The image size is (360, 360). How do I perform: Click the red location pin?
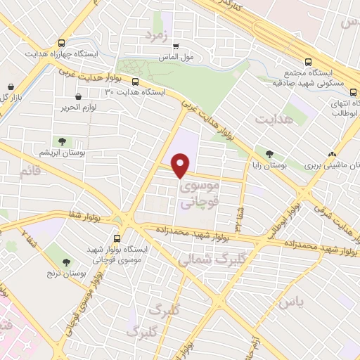[x=181, y=165]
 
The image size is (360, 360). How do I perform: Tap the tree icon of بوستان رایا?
[x=270, y=153]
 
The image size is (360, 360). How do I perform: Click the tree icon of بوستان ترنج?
[x=67, y=262]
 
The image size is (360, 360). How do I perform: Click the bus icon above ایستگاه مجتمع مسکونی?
[x=308, y=62]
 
